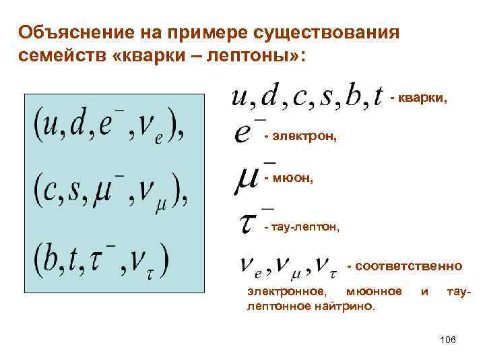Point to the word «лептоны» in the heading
[250, 55]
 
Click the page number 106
[447, 339]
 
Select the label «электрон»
[304, 137]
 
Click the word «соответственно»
[409, 266]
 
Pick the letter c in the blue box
[47, 191]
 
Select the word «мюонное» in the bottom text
[373, 291]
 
